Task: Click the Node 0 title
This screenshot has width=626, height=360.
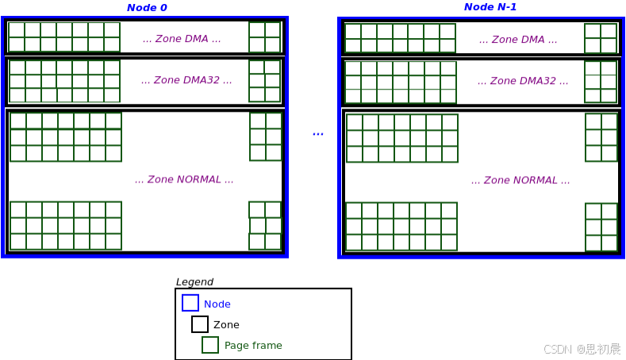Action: click(147, 8)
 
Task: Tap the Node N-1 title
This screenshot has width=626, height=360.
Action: click(490, 7)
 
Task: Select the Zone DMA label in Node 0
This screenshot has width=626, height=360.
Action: click(182, 39)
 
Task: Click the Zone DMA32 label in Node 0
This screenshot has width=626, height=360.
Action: click(186, 80)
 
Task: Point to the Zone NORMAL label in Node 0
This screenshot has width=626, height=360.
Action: click(184, 180)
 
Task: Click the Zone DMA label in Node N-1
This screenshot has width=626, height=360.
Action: click(518, 40)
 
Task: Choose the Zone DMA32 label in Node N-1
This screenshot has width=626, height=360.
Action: click(523, 81)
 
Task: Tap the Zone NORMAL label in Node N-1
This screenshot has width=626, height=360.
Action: click(520, 181)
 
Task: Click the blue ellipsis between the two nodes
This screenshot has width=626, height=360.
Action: click(317, 133)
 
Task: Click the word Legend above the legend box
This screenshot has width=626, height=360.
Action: click(194, 282)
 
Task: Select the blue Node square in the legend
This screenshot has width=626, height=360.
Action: click(190, 303)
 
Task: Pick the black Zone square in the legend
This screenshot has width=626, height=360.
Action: click(200, 324)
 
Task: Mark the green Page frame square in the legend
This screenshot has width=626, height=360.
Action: click(210, 345)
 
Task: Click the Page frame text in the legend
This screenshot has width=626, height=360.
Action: click(253, 346)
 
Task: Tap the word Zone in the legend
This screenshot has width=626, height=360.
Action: click(226, 325)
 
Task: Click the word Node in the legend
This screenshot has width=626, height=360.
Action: click(217, 304)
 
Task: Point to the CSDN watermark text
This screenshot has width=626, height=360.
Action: click(582, 349)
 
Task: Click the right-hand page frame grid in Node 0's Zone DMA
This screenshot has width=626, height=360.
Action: click(265, 37)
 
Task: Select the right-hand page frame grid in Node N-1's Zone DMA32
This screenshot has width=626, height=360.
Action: click(601, 82)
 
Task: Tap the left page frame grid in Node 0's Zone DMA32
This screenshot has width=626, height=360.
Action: click(64, 81)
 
